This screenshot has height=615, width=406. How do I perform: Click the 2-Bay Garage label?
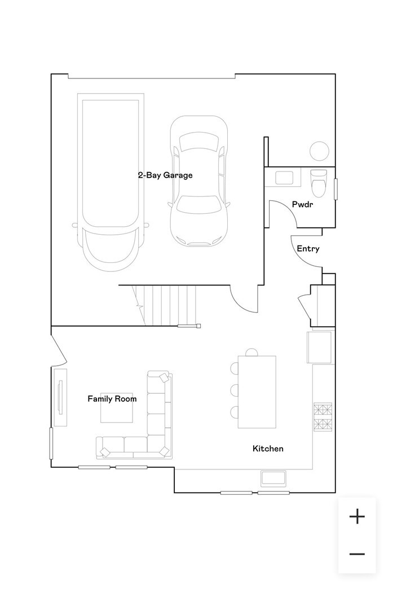[x=165, y=175]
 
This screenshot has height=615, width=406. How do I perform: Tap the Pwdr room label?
[x=303, y=204]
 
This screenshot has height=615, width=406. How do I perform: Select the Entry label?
[x=308, y=249]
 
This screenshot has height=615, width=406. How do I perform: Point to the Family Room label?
[x=112, y=399]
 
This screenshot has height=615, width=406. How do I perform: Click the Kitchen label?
[x=268, y=449]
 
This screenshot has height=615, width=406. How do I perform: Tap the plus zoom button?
[x=357, y=516]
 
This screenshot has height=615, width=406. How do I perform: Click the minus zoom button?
[x=357, y=554]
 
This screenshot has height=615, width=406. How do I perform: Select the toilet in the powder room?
[x=319, y=183]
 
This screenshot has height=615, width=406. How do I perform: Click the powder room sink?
[x=284, y=178]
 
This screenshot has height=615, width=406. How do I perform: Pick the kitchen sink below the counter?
[x=273, y=478]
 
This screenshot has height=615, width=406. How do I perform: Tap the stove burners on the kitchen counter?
[x=323, y=416]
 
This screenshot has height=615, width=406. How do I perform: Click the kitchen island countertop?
[x=257, y=392]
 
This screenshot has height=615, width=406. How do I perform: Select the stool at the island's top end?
[x=251, y=352]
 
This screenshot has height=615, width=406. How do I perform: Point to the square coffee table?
[x=116, y=407]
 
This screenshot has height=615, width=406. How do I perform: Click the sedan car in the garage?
[x=199, y=181]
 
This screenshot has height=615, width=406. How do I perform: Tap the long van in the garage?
[x=111, y=182]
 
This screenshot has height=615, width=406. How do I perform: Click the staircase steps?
[x=165, y=306]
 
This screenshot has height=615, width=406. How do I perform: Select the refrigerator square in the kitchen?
[x=319, y=348]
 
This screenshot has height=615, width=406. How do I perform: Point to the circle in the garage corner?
[x=319, y=151]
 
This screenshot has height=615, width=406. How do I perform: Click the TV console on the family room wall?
[x=60, y=397]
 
